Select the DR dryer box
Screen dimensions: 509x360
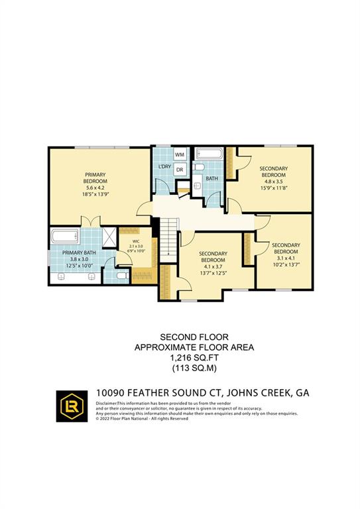[180, 170]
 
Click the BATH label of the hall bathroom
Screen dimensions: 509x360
[211, 178]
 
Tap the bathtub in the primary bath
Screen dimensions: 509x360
[63, 236]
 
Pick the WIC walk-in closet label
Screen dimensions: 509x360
[135, 241]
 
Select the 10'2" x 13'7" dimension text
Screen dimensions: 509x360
[286, 264]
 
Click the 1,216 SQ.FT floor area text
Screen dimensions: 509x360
[180, 357]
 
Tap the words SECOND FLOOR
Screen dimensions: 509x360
[180, 336]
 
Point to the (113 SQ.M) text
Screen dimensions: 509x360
[180, 367]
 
